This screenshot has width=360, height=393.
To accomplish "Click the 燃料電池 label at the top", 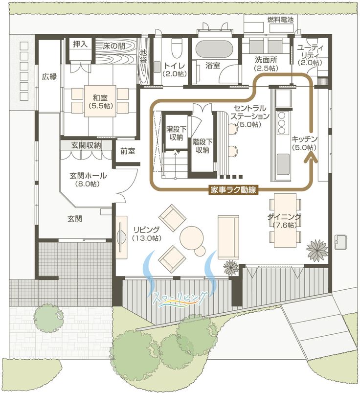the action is [x=280, y=20].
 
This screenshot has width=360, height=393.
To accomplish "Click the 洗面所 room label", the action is [x=266, y=60].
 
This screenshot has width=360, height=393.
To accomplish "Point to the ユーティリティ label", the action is [x=310, y=51].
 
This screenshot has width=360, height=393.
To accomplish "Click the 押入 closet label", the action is [x=80, y=45].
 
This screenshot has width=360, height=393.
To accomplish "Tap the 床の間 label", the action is [x=114, y=46].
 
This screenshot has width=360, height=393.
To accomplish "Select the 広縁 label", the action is [x=49, y=77].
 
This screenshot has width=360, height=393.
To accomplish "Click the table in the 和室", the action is [x=100, y=101].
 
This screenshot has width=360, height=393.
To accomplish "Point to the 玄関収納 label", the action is [x=86, y=145].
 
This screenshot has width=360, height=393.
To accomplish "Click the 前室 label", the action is [x=128, y=151].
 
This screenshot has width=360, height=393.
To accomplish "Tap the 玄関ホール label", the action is [x=88, y=175].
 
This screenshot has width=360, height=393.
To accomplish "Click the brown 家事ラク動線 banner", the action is [x=233, y=190].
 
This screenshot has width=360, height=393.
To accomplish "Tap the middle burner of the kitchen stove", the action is [x=282, y=123].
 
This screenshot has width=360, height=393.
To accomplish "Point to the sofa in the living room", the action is [x=228, y=236].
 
